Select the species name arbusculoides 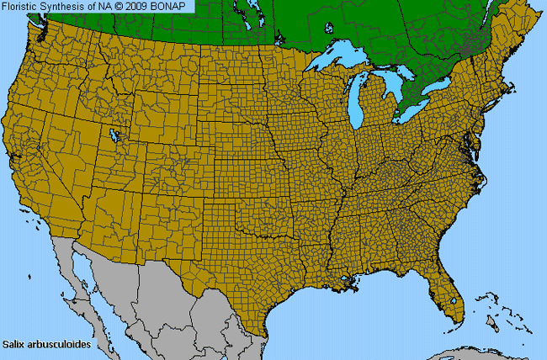58,344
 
